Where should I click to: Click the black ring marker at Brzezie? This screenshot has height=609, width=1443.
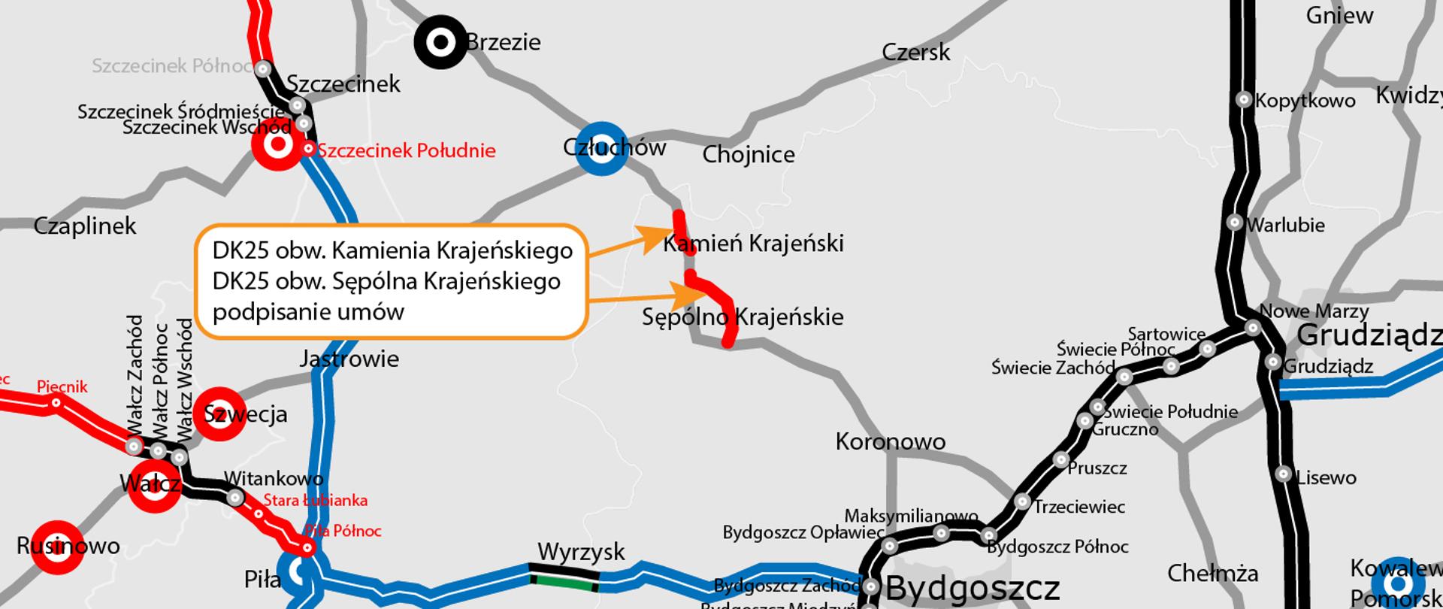tap(441, 42)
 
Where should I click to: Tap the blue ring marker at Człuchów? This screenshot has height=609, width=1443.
tap(600, 147)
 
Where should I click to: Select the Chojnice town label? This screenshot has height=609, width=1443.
tap(748, 155)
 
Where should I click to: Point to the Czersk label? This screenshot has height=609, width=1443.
tap(915, 52)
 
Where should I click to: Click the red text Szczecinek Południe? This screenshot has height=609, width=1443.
tap(406, 150)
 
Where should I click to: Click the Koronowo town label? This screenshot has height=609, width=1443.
tap(890, 441)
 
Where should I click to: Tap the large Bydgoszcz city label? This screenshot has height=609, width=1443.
tap(973, 588)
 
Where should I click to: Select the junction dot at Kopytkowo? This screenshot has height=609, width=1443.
tap(1244, 99)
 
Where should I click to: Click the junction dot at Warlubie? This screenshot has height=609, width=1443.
tap(1235, 223)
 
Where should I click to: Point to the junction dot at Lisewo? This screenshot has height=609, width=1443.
tap(1283, 475)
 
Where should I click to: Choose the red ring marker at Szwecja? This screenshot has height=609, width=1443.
tap(219, 414)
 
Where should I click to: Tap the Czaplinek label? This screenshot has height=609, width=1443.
tap(85, 226)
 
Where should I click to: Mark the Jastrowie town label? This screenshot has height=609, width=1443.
tap(349, 359)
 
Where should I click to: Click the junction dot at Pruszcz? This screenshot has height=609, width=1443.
tap(1060, 459)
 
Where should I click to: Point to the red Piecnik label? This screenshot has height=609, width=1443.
tap(62, 387)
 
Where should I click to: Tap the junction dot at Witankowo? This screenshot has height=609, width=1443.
tap(235, 497)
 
